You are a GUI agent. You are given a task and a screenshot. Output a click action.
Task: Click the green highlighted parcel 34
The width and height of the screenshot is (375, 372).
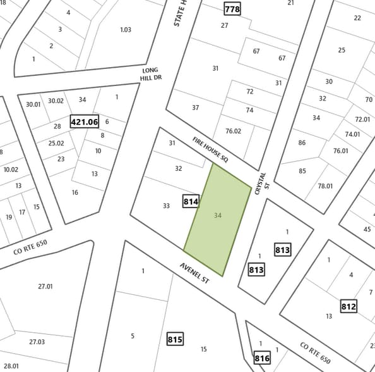pos(218,218)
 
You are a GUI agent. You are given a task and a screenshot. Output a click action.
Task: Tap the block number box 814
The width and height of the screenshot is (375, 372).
pos(191,202)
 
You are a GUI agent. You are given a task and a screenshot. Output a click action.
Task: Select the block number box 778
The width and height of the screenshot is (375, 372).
pos(232,9)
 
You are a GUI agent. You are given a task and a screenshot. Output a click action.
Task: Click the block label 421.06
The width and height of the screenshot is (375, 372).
pos(85,121)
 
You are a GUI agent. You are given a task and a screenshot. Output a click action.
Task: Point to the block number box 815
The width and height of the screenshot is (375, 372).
pos(176,340)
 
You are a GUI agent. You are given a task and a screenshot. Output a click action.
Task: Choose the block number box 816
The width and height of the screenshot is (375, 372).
pos(263,359)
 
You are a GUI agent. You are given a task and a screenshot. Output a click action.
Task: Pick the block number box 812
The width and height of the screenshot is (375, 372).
pos(348,307)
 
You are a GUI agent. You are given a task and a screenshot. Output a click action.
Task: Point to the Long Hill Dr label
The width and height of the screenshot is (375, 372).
pos(150,74)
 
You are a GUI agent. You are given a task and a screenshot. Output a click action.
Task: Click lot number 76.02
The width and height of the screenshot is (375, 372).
pos(234,131)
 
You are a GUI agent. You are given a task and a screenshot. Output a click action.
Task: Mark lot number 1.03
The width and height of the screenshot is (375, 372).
pos(126,30)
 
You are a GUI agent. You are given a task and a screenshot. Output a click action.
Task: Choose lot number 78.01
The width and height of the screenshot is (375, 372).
pos(325,186)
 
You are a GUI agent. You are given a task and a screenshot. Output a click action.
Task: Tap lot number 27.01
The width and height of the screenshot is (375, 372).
pos(45,287)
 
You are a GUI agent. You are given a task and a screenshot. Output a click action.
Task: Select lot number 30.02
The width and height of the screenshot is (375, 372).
pos(56,101)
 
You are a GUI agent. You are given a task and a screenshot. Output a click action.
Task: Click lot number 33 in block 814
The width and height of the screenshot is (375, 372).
pos(166,206)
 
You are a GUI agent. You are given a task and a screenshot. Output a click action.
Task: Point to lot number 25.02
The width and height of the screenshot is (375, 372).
pos(56,143)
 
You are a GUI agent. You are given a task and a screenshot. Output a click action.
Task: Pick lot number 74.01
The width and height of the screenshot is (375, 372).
pos(352,134)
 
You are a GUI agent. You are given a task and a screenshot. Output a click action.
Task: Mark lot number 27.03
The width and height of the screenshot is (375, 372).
pos(37,342)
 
